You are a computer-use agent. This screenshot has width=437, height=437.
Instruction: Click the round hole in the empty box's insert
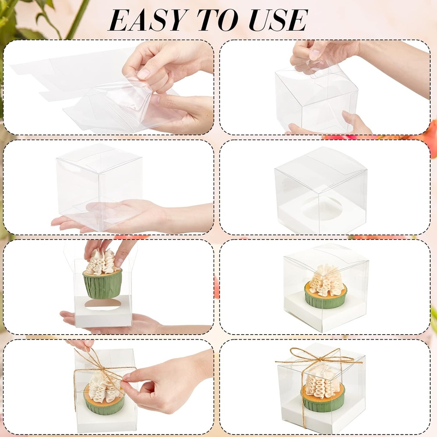coord(321,209)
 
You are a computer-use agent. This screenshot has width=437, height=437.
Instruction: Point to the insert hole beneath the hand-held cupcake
coord(103,304)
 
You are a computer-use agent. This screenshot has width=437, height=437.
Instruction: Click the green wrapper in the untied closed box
coord(325,300)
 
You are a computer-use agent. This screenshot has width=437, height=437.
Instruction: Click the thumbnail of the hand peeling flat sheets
coord(144,74)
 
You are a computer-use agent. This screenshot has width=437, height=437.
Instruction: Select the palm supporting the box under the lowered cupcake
coord(141,323)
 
